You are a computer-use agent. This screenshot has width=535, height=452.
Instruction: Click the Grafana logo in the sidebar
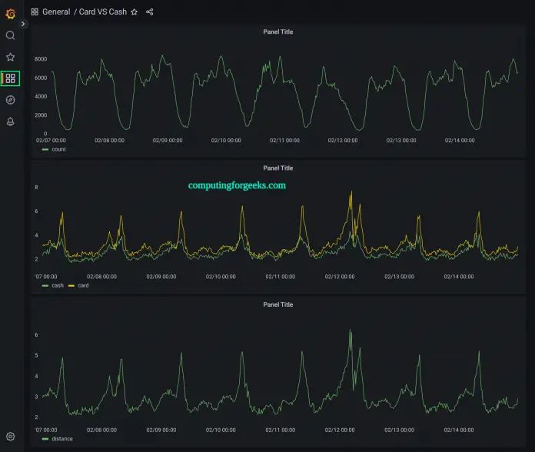coord(10,13)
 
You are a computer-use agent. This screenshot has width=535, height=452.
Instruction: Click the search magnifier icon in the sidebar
coord(10,35)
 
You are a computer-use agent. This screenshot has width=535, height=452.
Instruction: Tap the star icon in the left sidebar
coord(10,57)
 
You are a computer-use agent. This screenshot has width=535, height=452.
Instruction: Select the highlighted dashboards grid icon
coord(10,78)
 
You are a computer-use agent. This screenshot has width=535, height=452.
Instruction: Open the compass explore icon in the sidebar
coord(10,100)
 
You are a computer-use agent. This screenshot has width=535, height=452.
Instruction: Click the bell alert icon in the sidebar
coord(10,121)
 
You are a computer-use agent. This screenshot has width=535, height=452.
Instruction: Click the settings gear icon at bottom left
coord(10,437)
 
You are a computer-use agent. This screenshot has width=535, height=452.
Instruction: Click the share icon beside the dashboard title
coord(149,12)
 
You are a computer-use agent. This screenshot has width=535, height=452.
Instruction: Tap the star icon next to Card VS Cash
coord(135,12)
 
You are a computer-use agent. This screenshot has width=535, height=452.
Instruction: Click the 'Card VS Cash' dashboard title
coord(102,12)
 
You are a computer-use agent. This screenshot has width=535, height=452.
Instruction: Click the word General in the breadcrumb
coord(56,12)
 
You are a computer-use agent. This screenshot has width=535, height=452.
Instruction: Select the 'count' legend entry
coord(58,149)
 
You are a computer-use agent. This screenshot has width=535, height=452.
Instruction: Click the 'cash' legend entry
coord(58,285)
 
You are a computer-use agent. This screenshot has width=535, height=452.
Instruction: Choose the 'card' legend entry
coord(83,285)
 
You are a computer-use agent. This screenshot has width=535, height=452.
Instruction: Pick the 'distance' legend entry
coord(61,438)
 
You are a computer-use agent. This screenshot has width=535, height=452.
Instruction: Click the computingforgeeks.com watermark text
coord(237,185)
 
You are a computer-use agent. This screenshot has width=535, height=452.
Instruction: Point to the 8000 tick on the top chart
coord(41,59)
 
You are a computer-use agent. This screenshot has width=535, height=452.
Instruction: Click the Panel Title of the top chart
coord(277,32)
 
